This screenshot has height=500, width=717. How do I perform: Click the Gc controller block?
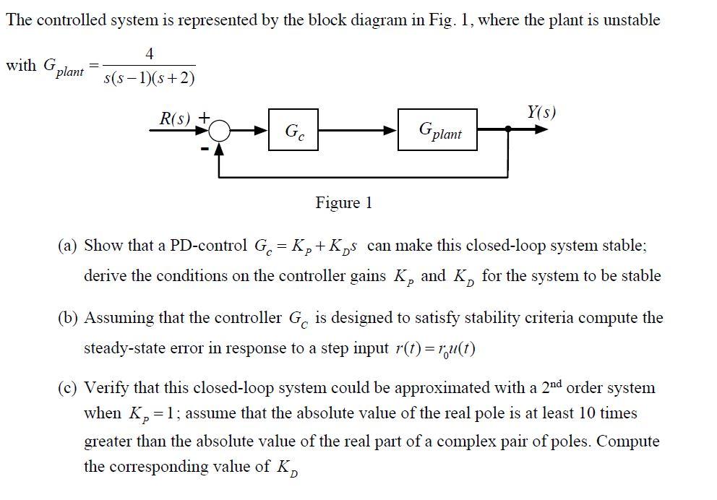point(293,130)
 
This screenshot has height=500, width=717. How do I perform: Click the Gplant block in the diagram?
point(437,130)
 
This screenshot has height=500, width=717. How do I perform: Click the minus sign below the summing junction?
point(205,148)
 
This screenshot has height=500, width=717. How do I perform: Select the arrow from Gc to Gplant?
point(358,131)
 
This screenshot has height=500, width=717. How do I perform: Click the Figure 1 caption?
point(343,203)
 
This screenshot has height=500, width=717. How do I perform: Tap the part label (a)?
point(68,245)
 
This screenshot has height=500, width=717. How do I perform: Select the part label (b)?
point(68,318)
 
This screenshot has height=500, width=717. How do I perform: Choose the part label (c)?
point(68,388)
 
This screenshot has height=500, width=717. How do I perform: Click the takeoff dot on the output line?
point(509,131)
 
